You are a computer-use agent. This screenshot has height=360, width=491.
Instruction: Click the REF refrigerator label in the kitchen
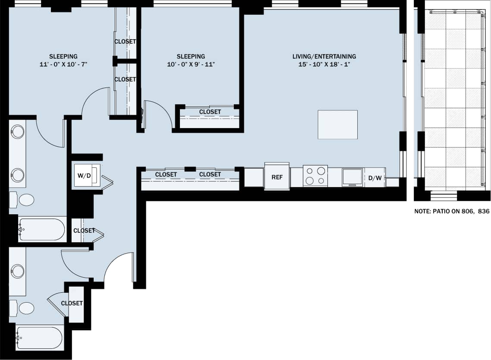pyautogui.click(x=277, y=177)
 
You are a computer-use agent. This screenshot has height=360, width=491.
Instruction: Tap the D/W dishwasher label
pyautogui.click(x=374, y=178)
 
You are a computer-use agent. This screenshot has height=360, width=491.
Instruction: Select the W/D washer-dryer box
pyautogui.click(x=87, y=175)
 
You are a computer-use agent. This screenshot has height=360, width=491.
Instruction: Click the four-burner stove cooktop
pyautogui.click(x=315, y=176)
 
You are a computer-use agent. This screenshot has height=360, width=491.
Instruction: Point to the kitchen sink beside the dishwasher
pyautogui.click(x=353, y=177)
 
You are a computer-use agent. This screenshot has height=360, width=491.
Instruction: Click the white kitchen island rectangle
pyautogui.click(x=337, y=125)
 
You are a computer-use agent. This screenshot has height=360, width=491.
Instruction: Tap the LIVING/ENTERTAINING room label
pyautogui.click(x=324, y=56)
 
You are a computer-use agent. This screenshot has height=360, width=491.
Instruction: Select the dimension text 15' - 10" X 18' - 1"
pyautogui.click(x=324, y=65)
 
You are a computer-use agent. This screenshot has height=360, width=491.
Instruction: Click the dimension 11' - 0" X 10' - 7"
pyautogui.click(x=63, y=65)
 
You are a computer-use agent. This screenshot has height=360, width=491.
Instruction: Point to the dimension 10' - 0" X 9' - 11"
pyautogui.click(x=191, y=65)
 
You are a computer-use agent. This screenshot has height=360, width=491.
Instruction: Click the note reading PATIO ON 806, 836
pyautogui.click(x=451, y=212)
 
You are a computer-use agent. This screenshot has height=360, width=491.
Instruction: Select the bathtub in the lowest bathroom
pyautogui.click(x=40, y=338)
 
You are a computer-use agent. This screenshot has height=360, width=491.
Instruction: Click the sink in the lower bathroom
pyautogui.click(x=18, y=271)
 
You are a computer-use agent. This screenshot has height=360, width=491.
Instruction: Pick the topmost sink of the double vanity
pyautogui.click(x=18, y=131)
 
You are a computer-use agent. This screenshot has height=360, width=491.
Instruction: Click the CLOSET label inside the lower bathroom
pyautogui.click(x=72, y=304)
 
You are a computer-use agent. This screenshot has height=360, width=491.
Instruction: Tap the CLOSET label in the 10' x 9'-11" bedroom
pyautogui.click(x=210, y=112)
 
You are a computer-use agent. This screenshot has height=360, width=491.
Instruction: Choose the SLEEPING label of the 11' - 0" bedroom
pyautogui.click(x=63, y=56)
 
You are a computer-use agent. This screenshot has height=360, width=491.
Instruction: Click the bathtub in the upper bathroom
pyautogui.click(x=41, y=229)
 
